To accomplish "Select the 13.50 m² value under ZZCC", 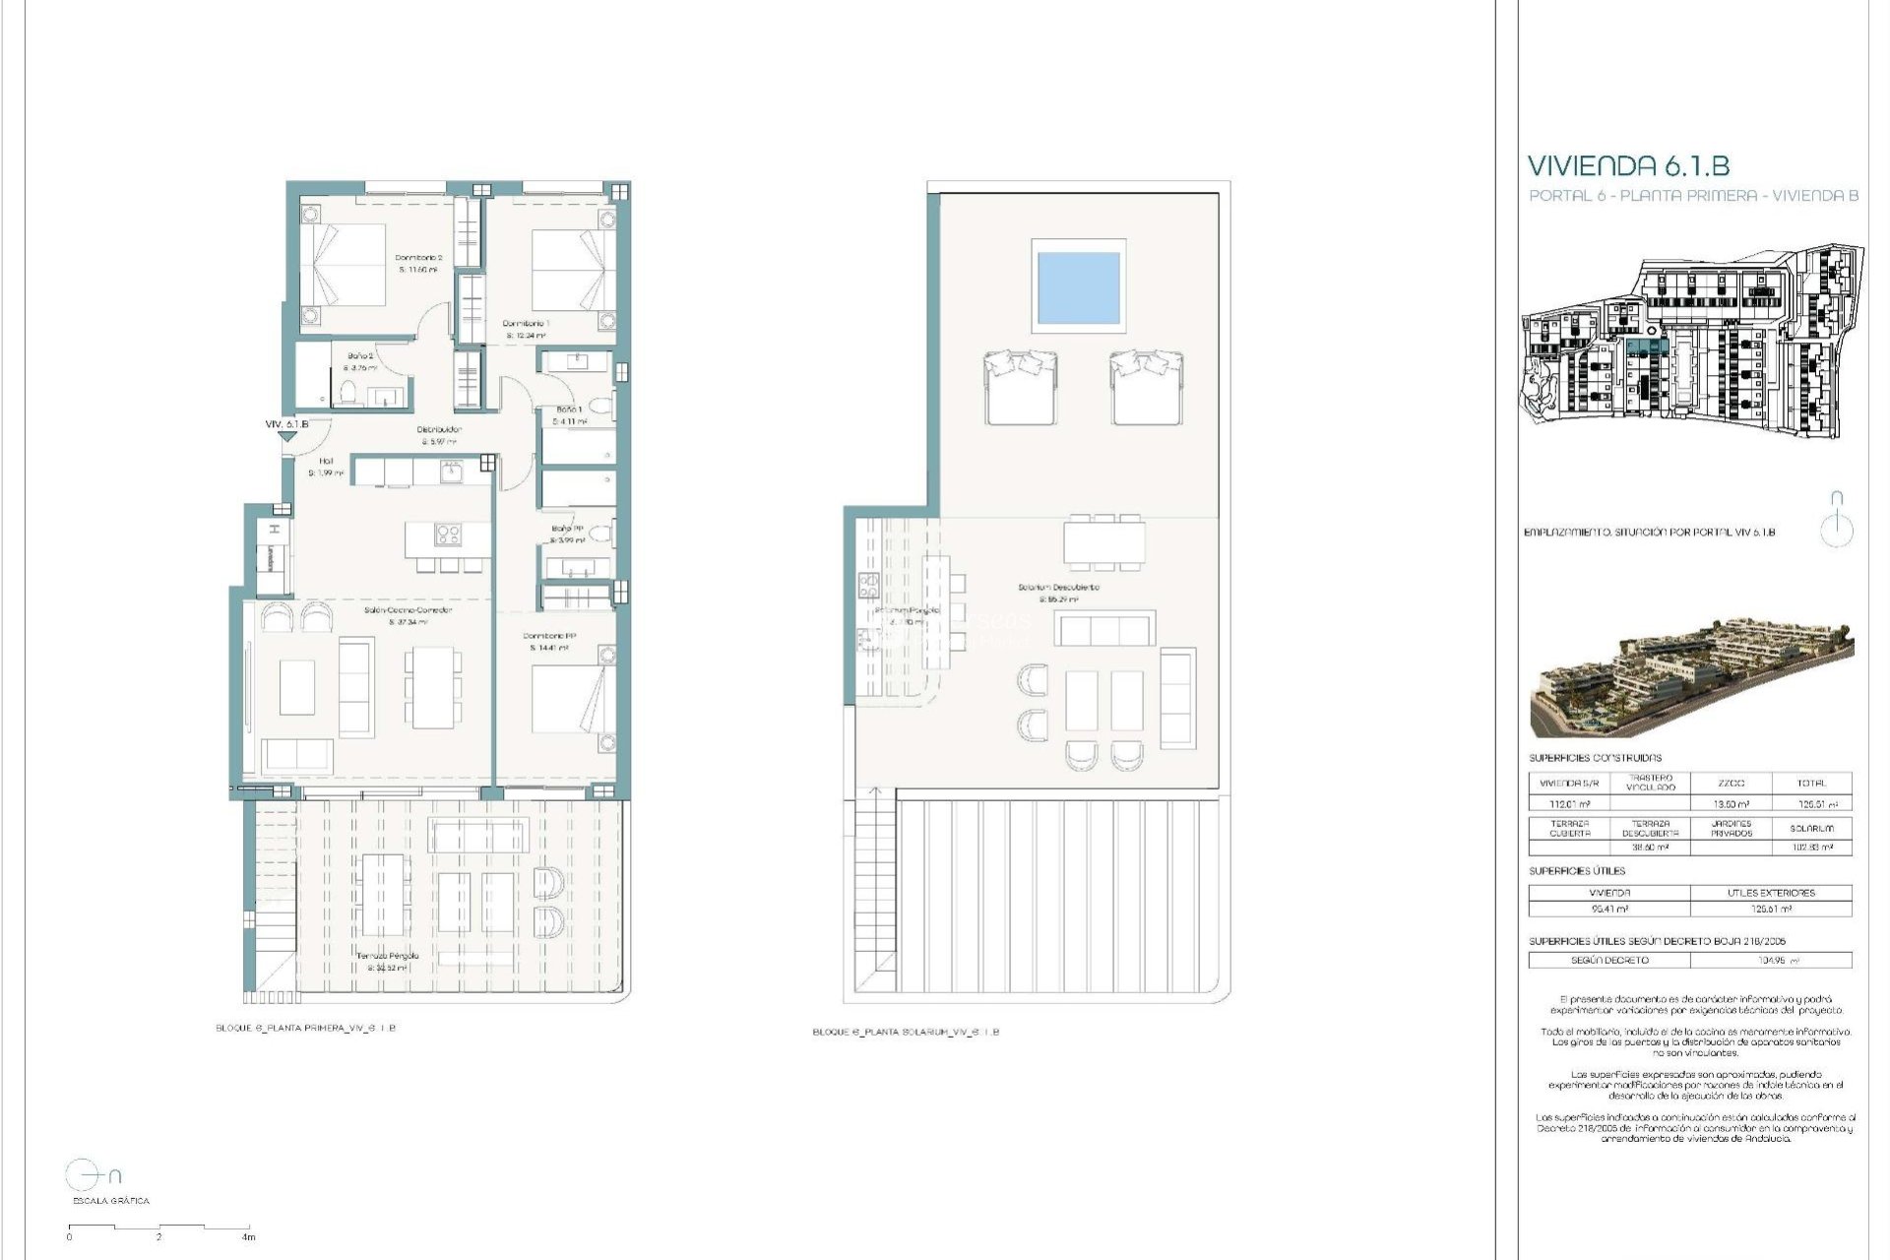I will (1730, 804).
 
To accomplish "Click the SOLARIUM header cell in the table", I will (1810, 829).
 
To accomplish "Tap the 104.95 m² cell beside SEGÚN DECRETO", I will (1770, 960).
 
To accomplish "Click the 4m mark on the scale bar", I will (248, 1236).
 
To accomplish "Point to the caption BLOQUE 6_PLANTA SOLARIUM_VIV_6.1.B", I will (905, 1033).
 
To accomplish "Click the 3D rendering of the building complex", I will (1690, 678).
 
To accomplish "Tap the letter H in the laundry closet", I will (276, 530).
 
